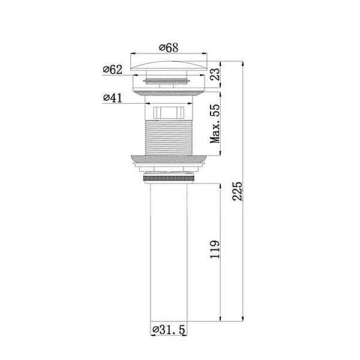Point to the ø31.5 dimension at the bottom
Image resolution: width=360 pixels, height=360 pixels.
[x=170, y=329]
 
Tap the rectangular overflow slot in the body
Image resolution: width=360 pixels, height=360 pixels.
[x=170, y=112]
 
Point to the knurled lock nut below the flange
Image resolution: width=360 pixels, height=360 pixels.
[x=170, y=178]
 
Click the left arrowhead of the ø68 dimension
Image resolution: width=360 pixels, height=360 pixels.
[x=133, y=54]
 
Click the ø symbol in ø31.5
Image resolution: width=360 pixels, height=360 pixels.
[x=155, y=329]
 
